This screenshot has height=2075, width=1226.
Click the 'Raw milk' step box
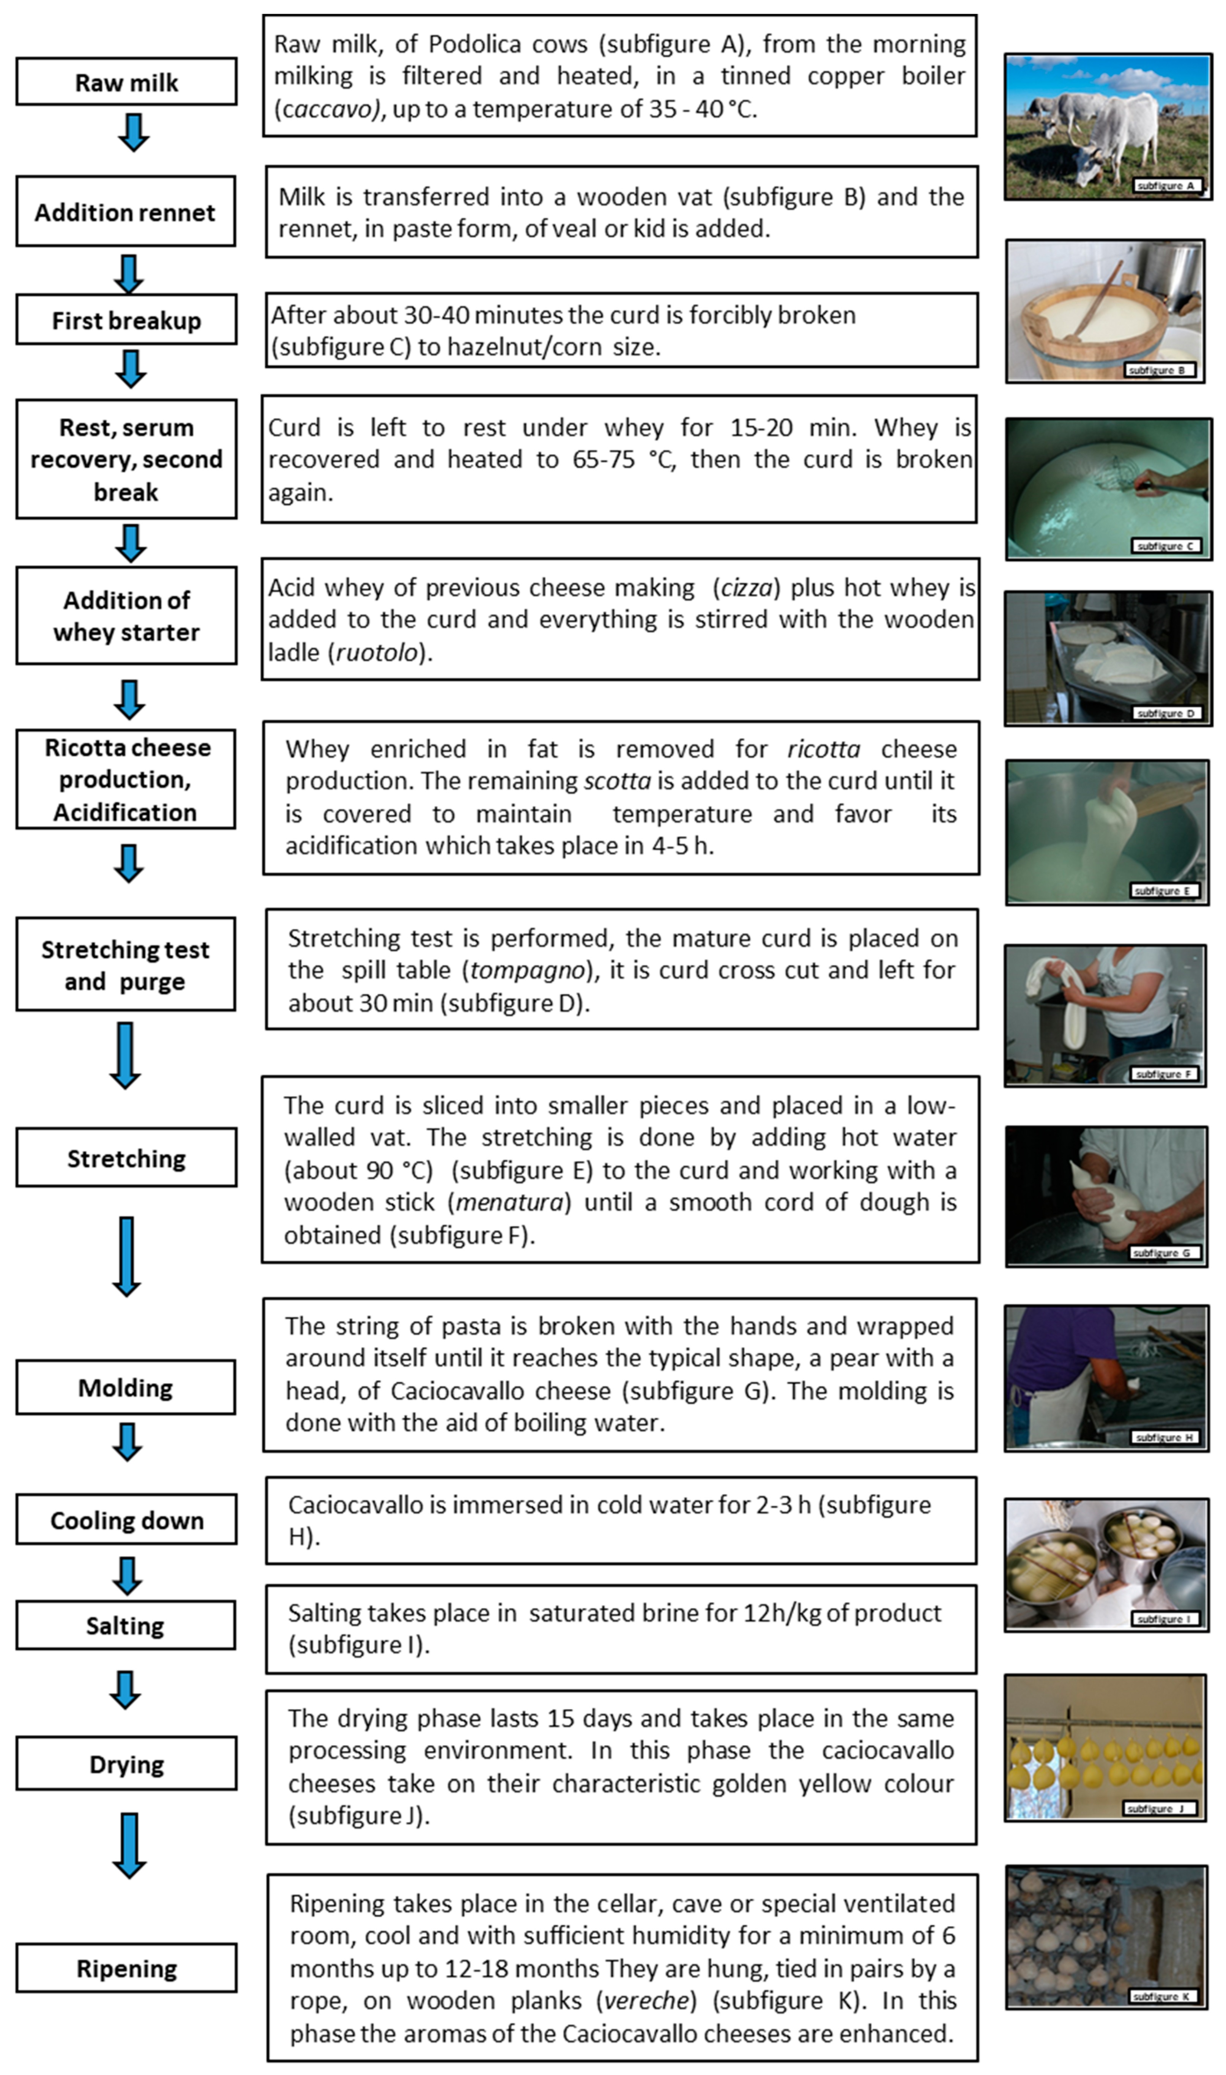tap(126, 82)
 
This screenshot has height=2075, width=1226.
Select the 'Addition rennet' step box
tap(126, 211)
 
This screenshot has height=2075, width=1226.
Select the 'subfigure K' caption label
tap(1161, 1996)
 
